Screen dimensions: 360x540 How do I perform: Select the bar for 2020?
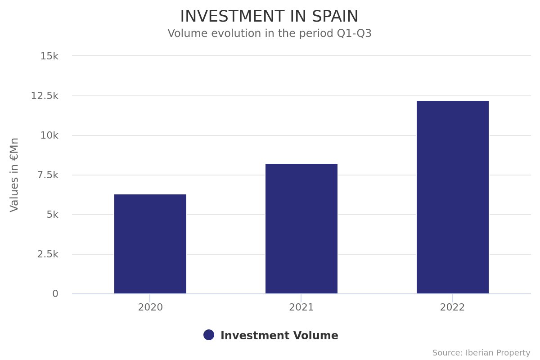pos(150,244)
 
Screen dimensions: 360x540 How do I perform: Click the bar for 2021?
pos(301,229)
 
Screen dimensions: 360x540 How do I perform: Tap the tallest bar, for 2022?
pos(453,197)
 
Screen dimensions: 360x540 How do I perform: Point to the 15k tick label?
pos(49,56)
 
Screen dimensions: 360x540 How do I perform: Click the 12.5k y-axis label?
pos(45,96)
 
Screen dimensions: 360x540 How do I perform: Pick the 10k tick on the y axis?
pos(49,135)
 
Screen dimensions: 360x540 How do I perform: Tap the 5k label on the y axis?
pos(52,215)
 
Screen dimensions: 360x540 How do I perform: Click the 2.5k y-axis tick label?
pos(48,254)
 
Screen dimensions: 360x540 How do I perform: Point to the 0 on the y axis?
pos(55,294)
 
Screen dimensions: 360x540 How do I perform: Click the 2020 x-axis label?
pos(150,308)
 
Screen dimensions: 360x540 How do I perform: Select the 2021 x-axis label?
pos(301,308)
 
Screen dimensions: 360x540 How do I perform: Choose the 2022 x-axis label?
pos(452,308)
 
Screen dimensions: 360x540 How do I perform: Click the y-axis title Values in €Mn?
pos(14,175)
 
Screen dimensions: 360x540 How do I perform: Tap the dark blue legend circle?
pos(209,335)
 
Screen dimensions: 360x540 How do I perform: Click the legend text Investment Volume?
pos(279,336)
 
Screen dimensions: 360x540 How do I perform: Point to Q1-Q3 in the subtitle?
pos(354,34)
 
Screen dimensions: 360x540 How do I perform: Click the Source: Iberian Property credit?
pos(481,353)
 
